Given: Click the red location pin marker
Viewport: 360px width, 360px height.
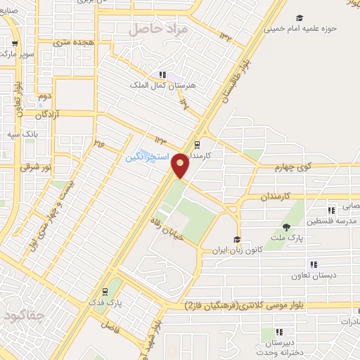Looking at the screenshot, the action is click(x=180, y=166).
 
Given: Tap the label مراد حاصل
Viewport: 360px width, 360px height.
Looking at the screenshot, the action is click(x=158, y=30).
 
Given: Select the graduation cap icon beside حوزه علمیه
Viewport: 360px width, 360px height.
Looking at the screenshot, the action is click(x=300, y=18).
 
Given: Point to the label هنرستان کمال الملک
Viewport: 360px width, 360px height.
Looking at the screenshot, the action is click(x=155, y=85).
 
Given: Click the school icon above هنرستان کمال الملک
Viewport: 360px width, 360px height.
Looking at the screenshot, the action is click(x=162, y=74).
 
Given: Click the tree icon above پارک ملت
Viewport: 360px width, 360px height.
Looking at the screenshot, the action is click(x=287, y=226).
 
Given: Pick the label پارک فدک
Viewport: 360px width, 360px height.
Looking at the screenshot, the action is click(x=108, y=303).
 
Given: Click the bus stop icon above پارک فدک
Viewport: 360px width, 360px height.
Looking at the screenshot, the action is click(x=105, y=290).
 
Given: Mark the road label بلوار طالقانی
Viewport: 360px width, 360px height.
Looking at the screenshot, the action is click(x=238, y=77).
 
